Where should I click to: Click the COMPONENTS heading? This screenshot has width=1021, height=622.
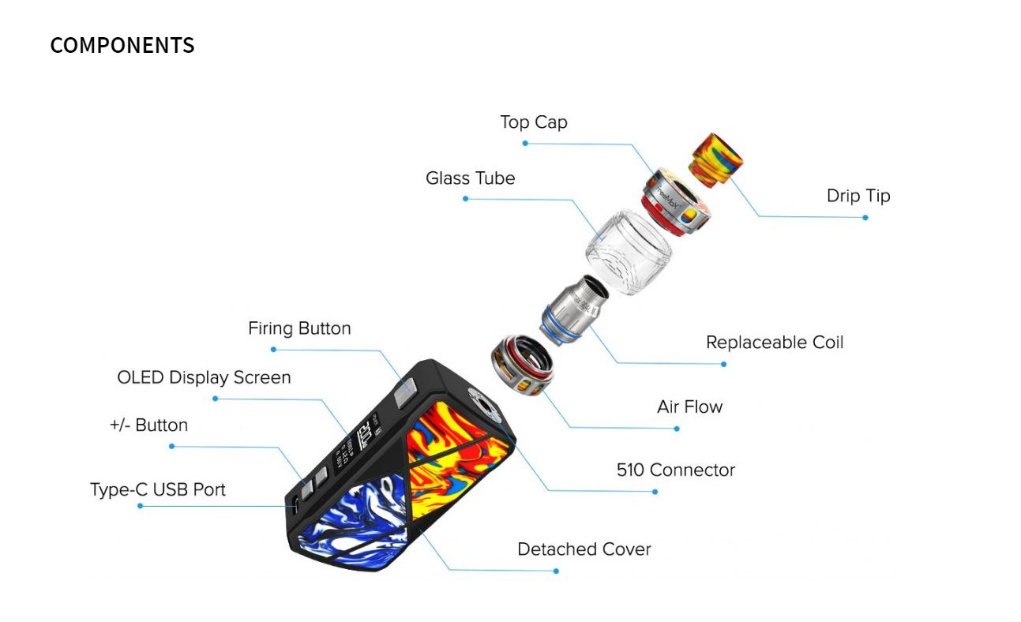click(x=122, y=45)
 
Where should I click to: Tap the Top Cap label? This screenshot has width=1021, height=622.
click(x=534, y=122)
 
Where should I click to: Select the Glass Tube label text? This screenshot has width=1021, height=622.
click(x=471, y=178)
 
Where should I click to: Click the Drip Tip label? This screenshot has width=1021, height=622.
click(x=858, y=196)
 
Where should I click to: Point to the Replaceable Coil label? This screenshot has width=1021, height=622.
click(x=775, y=343)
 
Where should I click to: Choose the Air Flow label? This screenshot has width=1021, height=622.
click(x=689, y=407)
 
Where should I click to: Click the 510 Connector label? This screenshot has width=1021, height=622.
click(x=675, y=470)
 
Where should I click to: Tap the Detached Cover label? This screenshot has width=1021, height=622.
click(x=584, y=549)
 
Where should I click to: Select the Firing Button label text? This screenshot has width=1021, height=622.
click(x=299, y=328)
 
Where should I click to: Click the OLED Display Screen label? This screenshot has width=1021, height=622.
click(x=204, y=378)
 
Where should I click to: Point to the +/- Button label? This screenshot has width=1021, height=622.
click(x=148, y=425)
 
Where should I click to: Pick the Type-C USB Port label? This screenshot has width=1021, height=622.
click(x=158, y=490)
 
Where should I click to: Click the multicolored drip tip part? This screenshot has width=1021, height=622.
click(x=715, y=159)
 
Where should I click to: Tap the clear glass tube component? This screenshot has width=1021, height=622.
click(x=628, y=252)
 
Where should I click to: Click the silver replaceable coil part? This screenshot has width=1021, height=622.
click(x=573, y=310)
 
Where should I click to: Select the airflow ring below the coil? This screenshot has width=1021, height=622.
click(x=522, y=365)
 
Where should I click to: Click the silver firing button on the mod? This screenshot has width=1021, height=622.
click(x=405, y=392)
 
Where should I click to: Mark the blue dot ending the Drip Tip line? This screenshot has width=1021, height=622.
click(x=865, y=218)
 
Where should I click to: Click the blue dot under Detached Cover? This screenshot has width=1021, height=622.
click(x=556, y=571)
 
